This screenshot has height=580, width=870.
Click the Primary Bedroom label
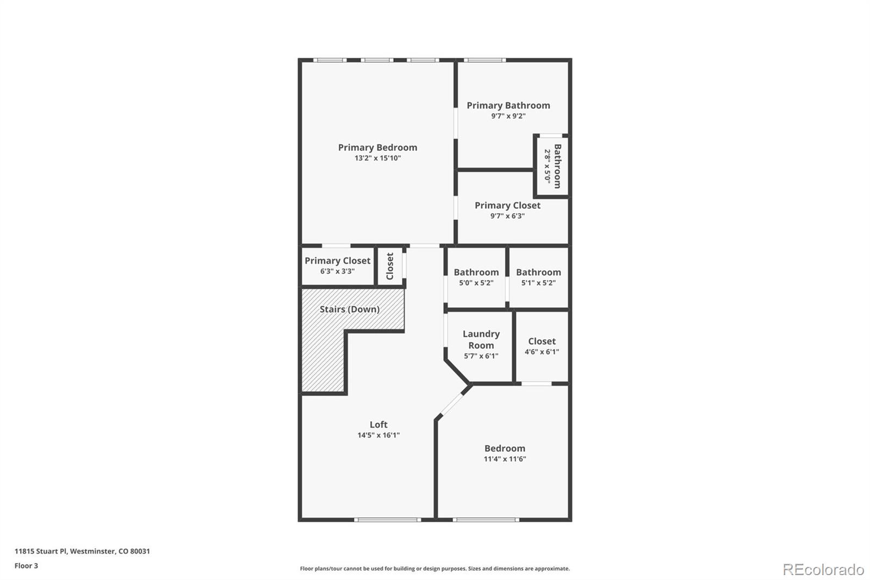377,147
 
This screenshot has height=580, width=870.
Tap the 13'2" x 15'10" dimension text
377,158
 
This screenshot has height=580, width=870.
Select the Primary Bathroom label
508,106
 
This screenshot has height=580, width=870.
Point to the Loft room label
378,424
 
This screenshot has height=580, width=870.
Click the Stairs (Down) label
349,309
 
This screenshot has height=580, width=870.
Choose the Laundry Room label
481,340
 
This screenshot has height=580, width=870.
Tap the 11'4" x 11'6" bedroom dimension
505,459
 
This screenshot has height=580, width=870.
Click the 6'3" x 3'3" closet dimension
337,271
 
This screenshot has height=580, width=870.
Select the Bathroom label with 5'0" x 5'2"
476,272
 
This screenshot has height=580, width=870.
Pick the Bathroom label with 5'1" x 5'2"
538,272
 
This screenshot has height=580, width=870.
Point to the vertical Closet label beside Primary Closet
390,266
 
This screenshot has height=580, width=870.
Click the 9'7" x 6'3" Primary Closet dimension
507,216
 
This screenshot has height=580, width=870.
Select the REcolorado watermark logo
823,569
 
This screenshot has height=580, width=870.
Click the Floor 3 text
26,566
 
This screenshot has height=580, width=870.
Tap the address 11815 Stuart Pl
41,551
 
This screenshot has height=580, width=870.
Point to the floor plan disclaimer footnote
434,569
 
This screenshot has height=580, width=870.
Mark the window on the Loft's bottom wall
387,520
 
